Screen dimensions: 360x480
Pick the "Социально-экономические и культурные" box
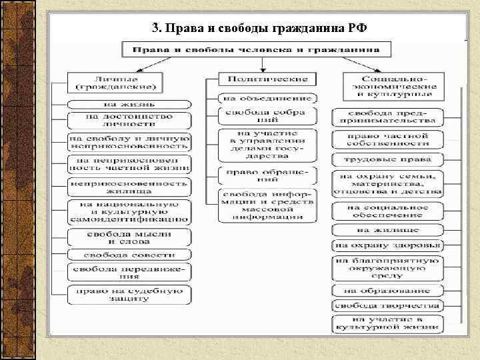click(x=389, y=85)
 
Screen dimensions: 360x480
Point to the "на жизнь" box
click(x=128, y=105)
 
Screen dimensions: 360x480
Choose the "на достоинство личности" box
click(x=128, y=120)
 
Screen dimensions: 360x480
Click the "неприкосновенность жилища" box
click(x=128, y=186)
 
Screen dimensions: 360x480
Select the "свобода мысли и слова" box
click(x=128, y=237)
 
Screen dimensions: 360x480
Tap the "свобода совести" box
click(x=128, y=255)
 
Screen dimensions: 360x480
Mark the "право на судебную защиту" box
click(x=128, y=294)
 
